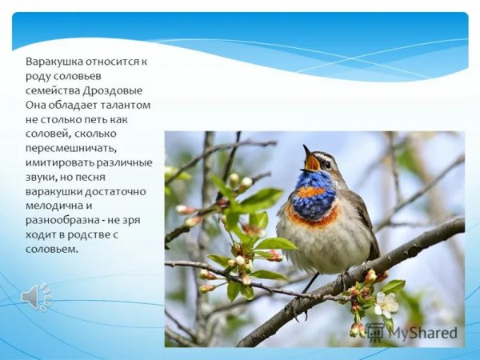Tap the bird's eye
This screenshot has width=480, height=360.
point(326,163)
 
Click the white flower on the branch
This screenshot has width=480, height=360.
point(387,303)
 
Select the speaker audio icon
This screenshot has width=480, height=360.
point(34,297)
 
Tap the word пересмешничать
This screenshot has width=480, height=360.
point(70,147)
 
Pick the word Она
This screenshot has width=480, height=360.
point(35,104)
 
